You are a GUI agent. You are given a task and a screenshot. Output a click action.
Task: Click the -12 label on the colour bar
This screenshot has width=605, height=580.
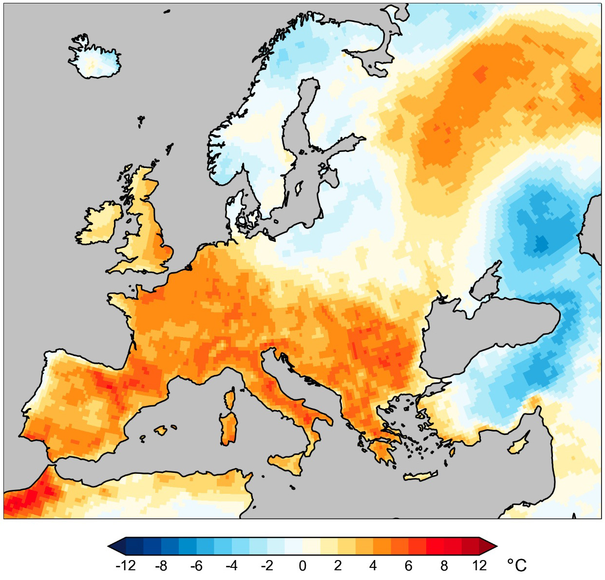click(x=126, y=565)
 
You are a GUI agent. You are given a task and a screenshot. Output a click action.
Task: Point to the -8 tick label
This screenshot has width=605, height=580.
click(x=161, y=565)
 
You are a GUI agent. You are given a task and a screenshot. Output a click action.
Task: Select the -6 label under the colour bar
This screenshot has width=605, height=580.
click(x=196, y=565)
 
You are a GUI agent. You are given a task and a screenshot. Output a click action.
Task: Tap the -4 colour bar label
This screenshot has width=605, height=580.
click(x=232, y=565)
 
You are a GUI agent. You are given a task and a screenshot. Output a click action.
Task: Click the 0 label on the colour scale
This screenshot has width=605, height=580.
click(x=302, y=565)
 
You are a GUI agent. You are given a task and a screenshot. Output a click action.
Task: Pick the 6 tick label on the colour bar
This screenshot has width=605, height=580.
click(x=409, y=565)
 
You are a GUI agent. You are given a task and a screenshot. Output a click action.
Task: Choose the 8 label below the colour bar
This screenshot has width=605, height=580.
click(x=444, y=565)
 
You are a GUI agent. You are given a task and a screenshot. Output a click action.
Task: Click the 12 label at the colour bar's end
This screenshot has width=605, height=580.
click(x=479, y=565)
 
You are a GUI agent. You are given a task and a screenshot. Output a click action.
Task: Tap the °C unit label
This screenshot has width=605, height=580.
click(x=517, y=565)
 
